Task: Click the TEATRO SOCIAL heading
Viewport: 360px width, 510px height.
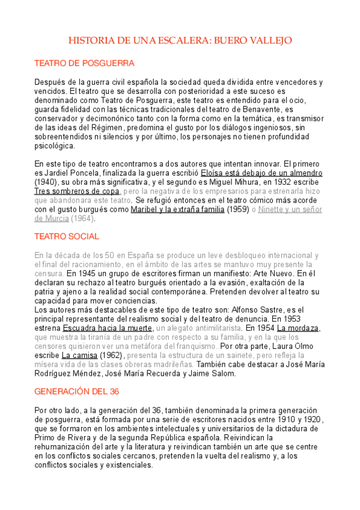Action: [67, 236]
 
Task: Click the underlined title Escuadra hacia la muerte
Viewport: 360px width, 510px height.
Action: [108, 328]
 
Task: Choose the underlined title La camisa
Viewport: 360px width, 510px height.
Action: [77, 356]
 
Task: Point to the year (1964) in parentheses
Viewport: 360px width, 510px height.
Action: [83, 218]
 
